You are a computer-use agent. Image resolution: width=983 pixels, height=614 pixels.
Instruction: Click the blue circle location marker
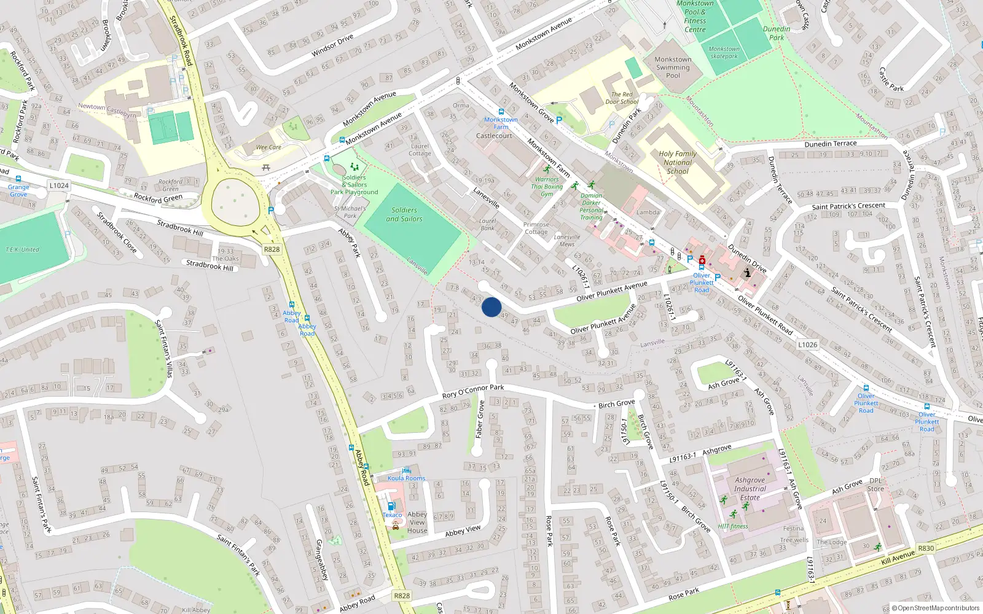click(491, 307)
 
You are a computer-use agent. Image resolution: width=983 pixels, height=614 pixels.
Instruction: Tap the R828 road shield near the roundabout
click(272, 249)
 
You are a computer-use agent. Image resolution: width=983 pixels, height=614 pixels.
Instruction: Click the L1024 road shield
click(59, 185)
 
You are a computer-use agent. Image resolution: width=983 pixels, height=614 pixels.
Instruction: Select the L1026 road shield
click(808, 344)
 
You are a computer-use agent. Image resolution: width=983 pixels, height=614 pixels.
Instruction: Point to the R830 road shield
click(926, 548)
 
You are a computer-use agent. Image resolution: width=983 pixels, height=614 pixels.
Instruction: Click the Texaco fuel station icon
click(391, 506)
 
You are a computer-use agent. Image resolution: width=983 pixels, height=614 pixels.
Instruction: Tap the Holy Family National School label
click(678, 163)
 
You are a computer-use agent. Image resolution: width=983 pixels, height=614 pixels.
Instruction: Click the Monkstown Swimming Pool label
click(673, 68)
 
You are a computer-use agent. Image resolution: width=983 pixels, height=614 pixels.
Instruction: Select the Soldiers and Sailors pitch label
click(404, 214)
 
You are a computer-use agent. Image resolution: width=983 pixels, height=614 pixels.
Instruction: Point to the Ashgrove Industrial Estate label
click(750, 489)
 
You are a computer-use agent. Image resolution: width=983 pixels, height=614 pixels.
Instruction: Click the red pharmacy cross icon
click(702, 260)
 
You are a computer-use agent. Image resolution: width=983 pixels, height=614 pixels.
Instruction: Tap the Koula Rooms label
click(406, 478)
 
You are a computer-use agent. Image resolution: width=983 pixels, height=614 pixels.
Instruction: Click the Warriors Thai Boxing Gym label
click(547, 187)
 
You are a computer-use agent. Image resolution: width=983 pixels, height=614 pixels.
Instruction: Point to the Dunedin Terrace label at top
click(830, 144)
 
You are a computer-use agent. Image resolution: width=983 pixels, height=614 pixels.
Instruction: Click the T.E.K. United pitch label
click(22, 250)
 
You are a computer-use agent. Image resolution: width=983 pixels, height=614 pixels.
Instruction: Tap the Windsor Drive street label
click(332, 45)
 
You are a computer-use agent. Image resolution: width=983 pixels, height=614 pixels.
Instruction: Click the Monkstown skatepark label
click(724, 52)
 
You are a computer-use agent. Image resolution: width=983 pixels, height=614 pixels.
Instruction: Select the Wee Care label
click(268, 147)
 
